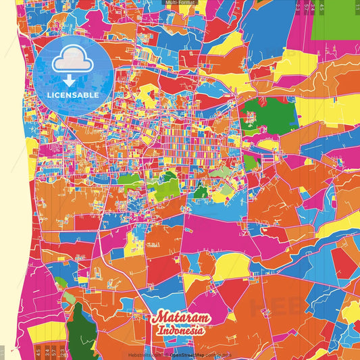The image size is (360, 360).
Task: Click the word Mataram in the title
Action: pos(181,318)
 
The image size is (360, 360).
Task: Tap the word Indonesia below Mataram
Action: pos(181,331)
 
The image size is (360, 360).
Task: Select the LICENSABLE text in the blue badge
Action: pos(74,95)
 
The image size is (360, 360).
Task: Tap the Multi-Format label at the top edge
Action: pos(180,3)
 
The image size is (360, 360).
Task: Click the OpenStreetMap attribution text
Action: pos(188,354)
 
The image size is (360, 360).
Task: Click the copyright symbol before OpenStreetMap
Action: pos(166,354)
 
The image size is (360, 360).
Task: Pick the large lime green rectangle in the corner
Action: pos(336,24)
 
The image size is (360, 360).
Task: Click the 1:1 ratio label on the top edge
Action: pos(356,7)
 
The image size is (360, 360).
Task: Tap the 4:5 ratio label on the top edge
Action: pos(322,7)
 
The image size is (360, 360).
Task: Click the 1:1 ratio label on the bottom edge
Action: pos(3,351)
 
